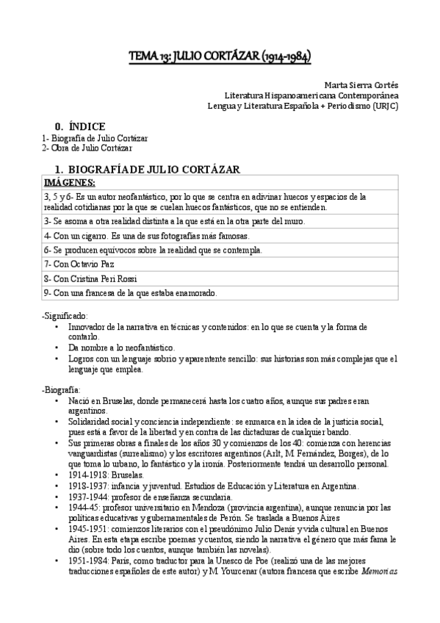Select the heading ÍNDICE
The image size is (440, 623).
pyautogui.click(x=82, y=126)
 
